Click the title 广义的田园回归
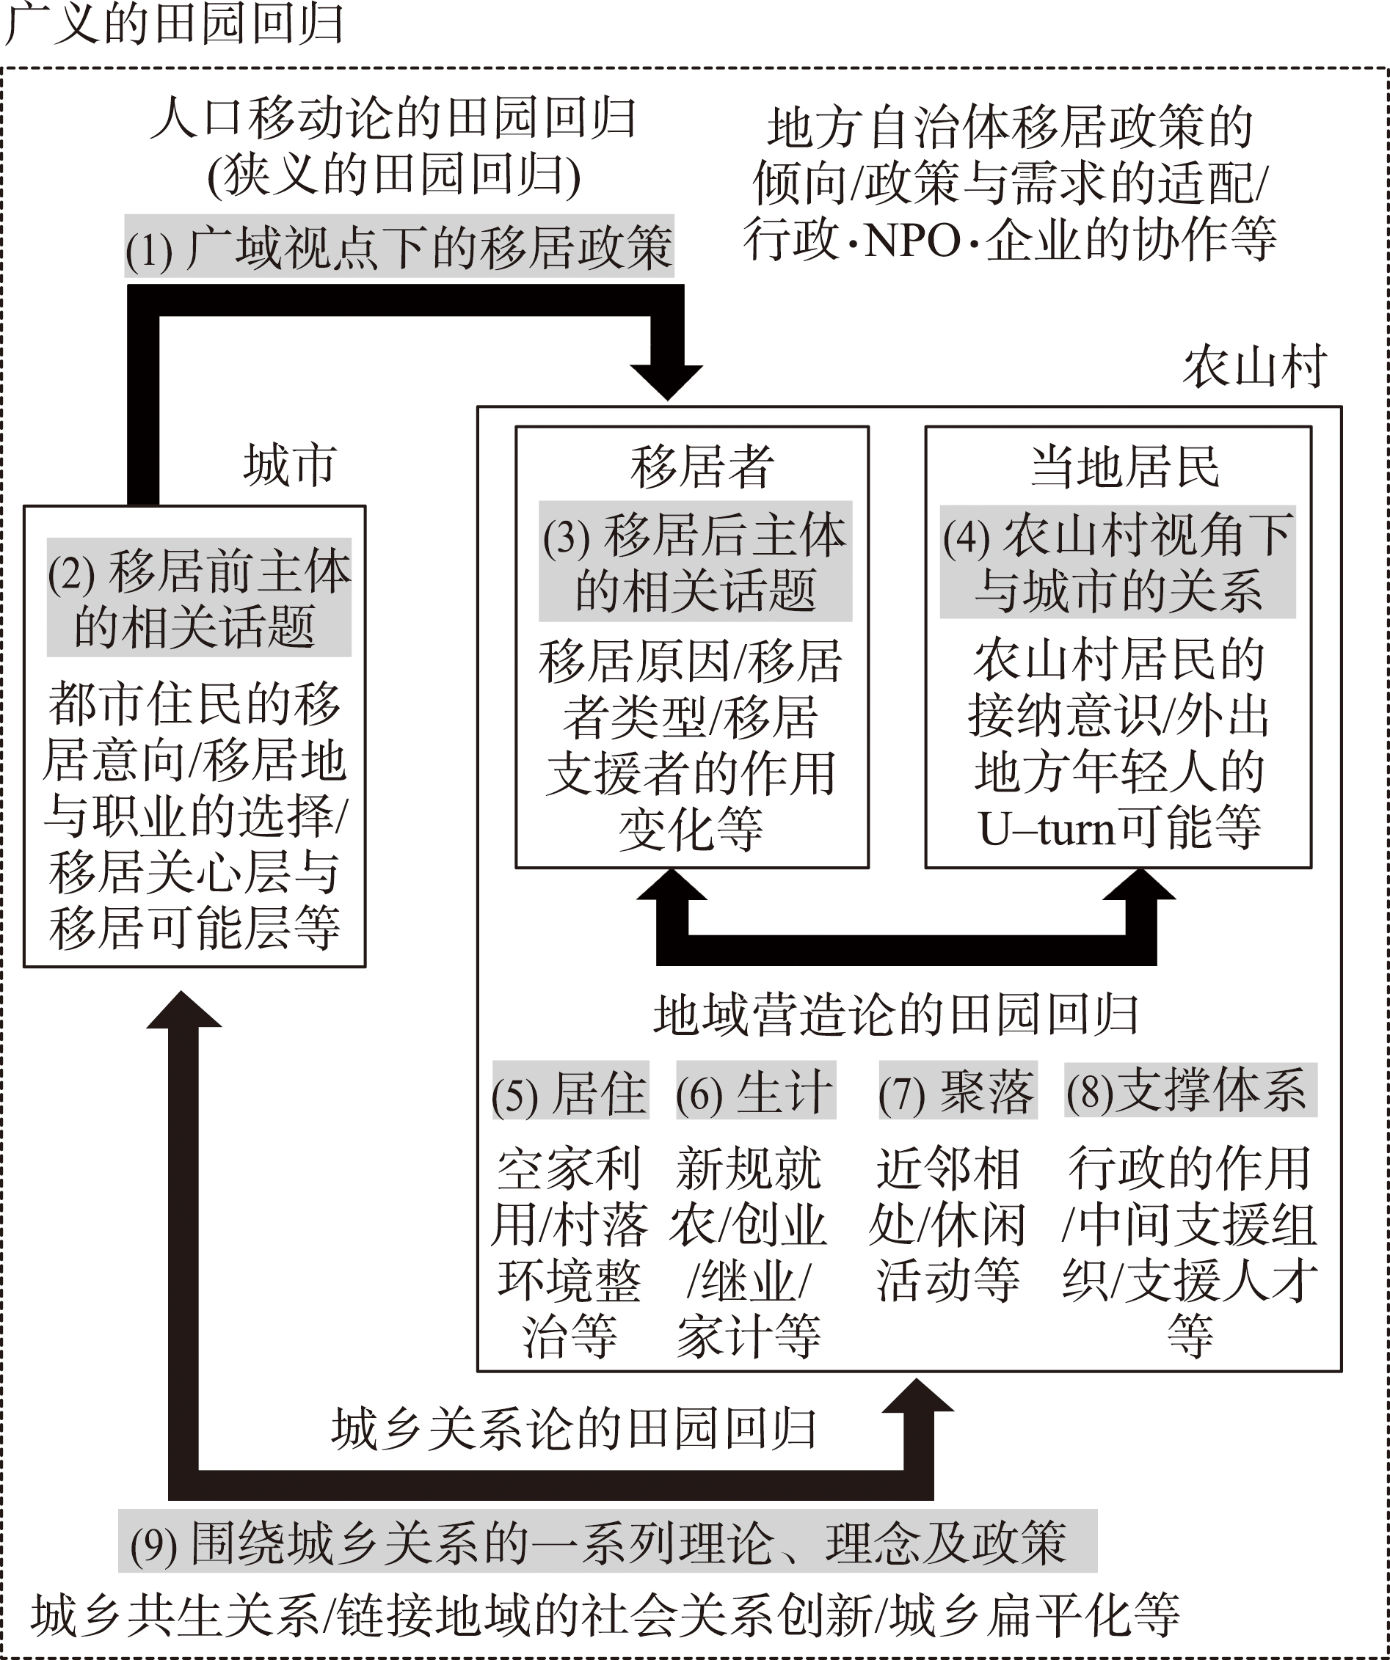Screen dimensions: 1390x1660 pyautogui.click(x=174, y=24)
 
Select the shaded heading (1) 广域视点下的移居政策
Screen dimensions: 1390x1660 pyautogui.click(x=399, y=246)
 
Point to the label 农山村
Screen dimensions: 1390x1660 pyautogui.click(x=1254, y=367)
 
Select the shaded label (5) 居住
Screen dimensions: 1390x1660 pyautogui.click(x=570, y=1090)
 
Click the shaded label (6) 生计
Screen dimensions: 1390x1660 pyautogui.click(x=756, y=1090)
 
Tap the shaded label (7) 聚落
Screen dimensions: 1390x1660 pyautogui.click(x=958, y=1090)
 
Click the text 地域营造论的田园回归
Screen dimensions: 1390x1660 pyautogui.click(x=897, y=1015)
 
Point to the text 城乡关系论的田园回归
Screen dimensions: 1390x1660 pyautogui.click(x=575, y=1430)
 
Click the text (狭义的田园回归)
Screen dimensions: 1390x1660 pyautogui.click(x=394, y=175)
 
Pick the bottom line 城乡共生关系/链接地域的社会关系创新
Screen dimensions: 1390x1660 pyautogui.click(x=451, y=1617)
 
